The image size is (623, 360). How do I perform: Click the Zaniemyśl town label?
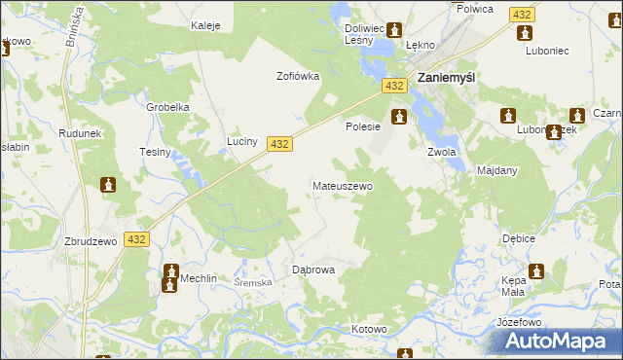pyautogui.click(x=445, y=81)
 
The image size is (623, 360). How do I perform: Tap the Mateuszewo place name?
pyautogui.click(x=342, y=185)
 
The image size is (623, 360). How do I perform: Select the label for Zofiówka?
pyautogui.click(x=298, y=76)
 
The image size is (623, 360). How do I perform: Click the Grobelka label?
pyautogui.click(x=166, y=107)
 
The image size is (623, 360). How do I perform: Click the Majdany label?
pyautogui.click(x=497, y=170)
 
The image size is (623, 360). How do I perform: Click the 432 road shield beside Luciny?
pyautogui.click(x=279, y=143)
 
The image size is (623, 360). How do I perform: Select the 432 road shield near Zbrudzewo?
pyautogui.click(x=137, y=239)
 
